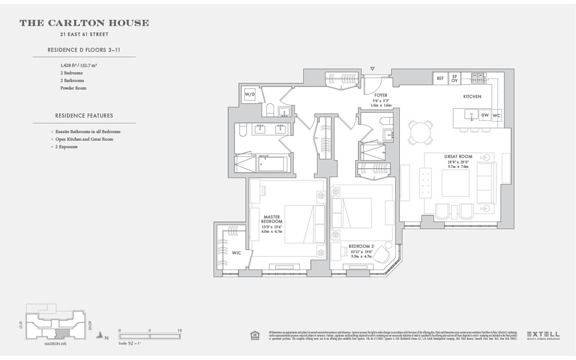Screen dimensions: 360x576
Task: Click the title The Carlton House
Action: click(x=84, y=23)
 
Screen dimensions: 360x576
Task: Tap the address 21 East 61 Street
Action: click(x=84, y=35)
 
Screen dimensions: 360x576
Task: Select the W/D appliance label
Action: click(x=250, y=94)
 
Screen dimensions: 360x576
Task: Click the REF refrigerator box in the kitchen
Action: click(x=440, y=78)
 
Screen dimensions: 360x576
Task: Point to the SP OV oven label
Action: click(x=454, y=78)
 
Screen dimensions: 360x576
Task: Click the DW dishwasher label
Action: click(x=485, y=115)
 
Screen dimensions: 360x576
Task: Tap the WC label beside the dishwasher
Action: click(x=497, y=115)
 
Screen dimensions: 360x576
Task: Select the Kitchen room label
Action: click(x=472, y=97)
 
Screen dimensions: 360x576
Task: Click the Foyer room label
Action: click(x=381, y=95)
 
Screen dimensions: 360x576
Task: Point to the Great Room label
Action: click(x=458, y=157)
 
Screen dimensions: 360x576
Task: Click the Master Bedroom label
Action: click(x=271, y=219)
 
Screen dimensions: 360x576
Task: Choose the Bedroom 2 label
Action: click(x=361, y=246)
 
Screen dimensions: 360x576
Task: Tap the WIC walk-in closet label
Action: click(x=236, y=253)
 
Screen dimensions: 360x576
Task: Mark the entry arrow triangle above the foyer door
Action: click(x=372, y=69)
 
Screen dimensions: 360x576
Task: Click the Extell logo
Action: click(x=543, y=335)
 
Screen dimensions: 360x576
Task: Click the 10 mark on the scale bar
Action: click(x=179, y=330)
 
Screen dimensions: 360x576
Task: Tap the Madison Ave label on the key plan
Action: click(x=55, y=344)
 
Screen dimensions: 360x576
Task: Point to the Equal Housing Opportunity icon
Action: click(x=255, y=335)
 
